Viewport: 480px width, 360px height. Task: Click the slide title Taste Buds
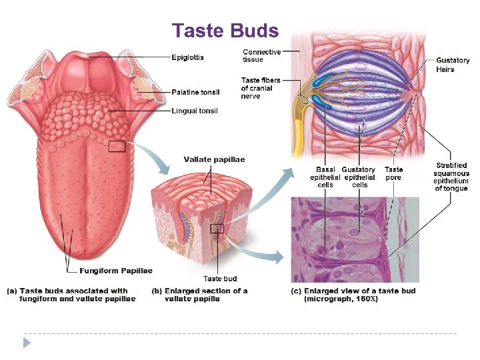[225, 31]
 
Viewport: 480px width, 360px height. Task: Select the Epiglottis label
[187, 57]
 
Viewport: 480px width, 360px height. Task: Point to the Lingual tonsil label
[195, 111]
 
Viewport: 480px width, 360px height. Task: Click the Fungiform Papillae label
[116, 271]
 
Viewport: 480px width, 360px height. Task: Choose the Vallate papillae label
[214, 160]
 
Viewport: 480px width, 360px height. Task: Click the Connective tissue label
[261, 55]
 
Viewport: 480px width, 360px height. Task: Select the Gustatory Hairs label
[453, 65]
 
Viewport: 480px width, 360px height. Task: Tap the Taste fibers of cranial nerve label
[261, 88]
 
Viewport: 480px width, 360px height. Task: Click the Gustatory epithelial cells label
[359, 177]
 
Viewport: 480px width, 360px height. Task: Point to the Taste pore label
[394, 173]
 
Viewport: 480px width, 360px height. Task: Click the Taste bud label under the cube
[220, 279]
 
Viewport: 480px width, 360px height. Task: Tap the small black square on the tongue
[117, 145]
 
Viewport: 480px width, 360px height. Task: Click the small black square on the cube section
[217, 229]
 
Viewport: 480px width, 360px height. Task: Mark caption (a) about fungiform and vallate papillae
[71, 295]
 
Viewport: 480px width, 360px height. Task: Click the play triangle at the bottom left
[27, 343]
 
